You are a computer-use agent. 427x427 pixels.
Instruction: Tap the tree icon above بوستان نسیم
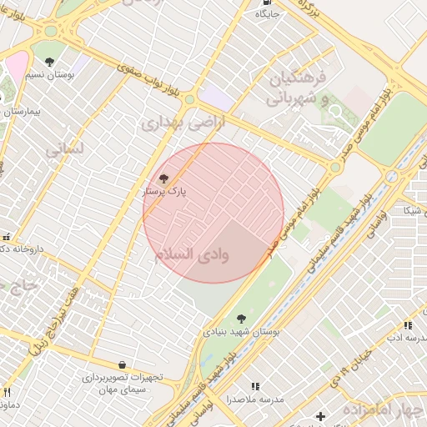coord(50,62)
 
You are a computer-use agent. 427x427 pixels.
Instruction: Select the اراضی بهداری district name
coord(172,124)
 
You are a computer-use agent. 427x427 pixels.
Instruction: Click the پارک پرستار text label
coord(167,191)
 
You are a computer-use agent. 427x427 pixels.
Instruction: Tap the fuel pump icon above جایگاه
coord(267,3)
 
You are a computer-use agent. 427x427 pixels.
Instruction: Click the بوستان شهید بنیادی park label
coord(242,331)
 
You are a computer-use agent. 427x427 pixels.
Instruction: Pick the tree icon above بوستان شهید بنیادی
coord(241,319)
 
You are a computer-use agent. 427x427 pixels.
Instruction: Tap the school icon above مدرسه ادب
coord(407,325)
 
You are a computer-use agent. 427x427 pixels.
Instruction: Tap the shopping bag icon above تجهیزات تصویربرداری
coord(123,364)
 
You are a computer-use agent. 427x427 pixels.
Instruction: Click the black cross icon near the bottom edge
coord(320,416)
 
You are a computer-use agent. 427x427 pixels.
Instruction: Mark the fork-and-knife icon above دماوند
coord(7,393)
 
